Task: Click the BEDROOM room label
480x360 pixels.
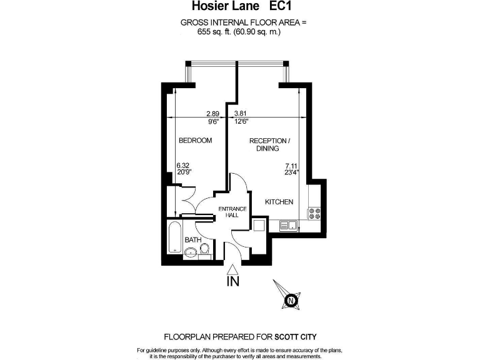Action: tap(195, 141)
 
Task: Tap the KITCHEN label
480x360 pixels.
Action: tap(279, 202)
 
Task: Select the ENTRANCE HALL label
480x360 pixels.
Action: tap(232, 212)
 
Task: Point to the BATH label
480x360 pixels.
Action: tap(193, 240)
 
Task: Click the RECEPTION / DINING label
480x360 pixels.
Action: tap(270, 144)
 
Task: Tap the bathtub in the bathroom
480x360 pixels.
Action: tap(175, 237)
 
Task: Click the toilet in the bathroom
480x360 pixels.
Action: tap(205, 249)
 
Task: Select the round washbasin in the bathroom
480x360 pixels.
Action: tap(191, 252)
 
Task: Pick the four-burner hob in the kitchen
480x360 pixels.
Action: tap(314, 213)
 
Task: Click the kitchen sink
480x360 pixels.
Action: tap(289, 226)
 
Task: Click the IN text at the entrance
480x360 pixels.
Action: tap(233, 281)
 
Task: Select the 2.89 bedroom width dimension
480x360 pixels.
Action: tap(212, 114)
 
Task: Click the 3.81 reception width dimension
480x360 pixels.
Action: tap(240, 114)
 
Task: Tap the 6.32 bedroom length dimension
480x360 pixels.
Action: tap(182, 165)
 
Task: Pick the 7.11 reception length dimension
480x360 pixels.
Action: tap(291, 166)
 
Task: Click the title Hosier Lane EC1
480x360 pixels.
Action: tap(241, 6)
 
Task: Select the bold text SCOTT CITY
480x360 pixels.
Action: tap(296, 337)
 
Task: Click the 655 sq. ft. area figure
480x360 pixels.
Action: tap(214, 31)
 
